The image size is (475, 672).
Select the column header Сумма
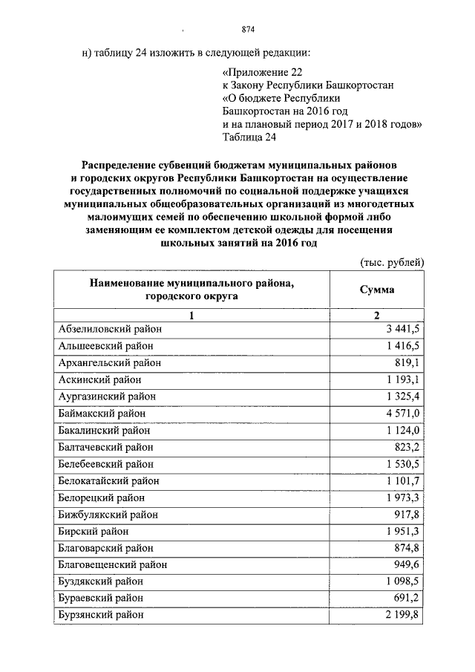[x=377, y=290]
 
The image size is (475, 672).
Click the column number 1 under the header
[x=191, y=316]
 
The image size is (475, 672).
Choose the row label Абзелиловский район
[x=109, y=328]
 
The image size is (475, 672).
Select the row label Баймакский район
[x=102, y=413]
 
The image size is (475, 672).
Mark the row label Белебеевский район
[x=105, y=464]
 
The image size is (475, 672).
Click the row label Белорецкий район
[x=101, y=498]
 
